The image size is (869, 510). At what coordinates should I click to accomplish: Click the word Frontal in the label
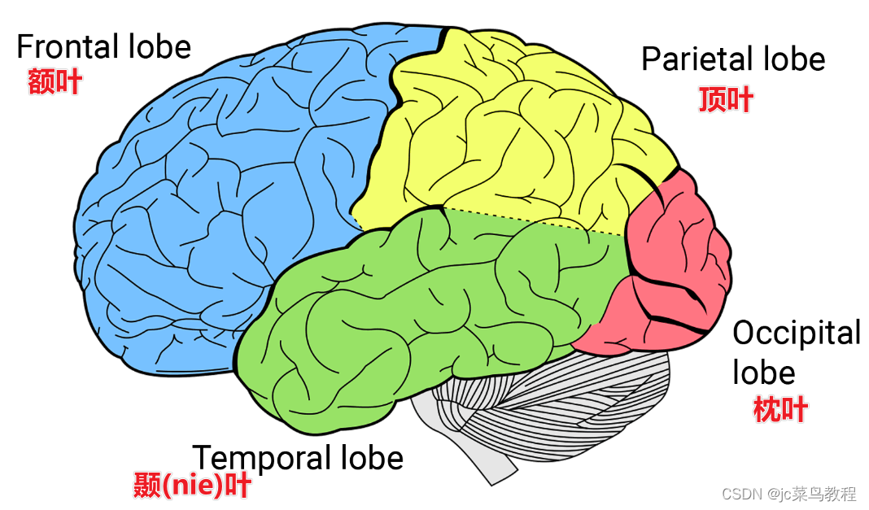[68, 46]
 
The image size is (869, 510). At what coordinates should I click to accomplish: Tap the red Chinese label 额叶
[55, 81]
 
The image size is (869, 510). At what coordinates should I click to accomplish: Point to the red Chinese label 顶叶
[726, 99]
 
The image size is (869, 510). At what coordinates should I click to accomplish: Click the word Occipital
[796, 333]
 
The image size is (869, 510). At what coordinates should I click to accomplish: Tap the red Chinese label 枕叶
[780, 409]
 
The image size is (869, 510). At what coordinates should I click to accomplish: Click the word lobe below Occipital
[763, 373]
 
